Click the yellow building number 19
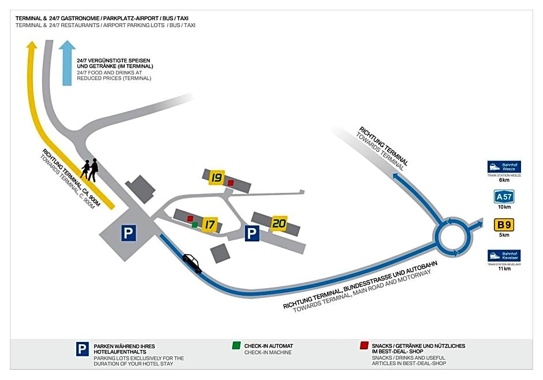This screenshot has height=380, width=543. [x=217, y=177]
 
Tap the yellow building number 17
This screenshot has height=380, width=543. [x=210, y=224]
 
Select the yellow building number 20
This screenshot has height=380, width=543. [x=280, y=223]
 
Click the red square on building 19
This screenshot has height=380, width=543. [x=230, y=182]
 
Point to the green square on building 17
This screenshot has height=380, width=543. [x=195, y=224]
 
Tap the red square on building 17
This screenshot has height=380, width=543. [x=190, y=218]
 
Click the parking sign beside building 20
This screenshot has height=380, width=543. [x=251, y=233]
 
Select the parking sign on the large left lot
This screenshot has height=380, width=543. [x=128, y=233]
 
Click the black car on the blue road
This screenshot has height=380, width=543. [x=192, y=263]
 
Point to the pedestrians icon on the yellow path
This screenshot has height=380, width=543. [x=90, y=170]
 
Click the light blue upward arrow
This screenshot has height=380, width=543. [x=68, y=62]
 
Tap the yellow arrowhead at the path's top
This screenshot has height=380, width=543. [x=32, y=46]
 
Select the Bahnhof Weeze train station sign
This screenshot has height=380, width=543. [x=504, y=167]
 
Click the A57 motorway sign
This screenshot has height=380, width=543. [x=504, y=196]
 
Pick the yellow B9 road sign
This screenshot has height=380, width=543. [x=504, y=225]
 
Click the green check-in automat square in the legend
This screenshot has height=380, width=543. [x=236, y=346]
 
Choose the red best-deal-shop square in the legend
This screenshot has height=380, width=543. [x=364, y=346]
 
